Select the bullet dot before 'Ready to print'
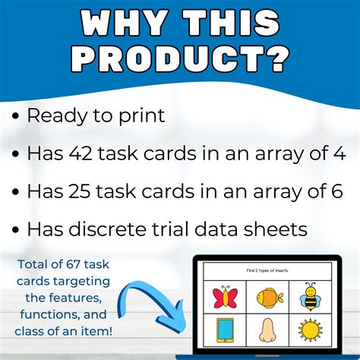point(16,117)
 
